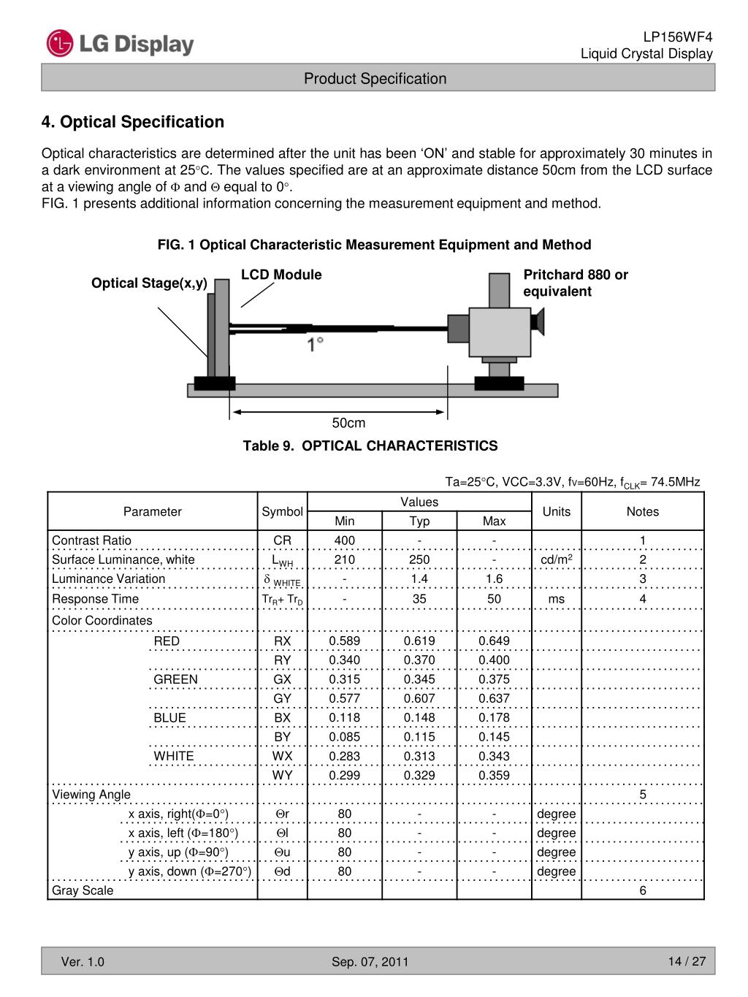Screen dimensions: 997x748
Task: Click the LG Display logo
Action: click(121, 44)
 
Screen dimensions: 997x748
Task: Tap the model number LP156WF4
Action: click(677, 37)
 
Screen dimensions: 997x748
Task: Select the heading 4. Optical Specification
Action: click(133, 122)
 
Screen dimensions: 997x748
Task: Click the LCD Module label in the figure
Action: click(281, 275)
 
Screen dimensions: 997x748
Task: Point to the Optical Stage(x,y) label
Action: click(149, 283)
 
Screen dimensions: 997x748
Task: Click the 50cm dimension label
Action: click(348, 424)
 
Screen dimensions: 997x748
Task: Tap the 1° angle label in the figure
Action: click(316, 344)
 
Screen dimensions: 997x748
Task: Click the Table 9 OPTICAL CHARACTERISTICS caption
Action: click(370, 446)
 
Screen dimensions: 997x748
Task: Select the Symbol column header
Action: click(282, 511)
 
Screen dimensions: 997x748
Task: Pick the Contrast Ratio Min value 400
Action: click(344, 540)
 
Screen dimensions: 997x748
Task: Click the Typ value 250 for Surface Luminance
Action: click(419, 559)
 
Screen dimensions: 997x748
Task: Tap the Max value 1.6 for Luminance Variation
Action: click(494, 578)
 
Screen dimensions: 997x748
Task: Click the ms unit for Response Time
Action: click(556, 599)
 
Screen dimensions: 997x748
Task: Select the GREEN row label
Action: click(175, 679)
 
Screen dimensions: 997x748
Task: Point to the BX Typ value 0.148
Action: click(419, 718)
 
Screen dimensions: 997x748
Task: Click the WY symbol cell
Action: click(282, 775)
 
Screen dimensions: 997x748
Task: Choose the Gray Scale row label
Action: click(83, 890)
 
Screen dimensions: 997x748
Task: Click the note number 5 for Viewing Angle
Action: click(643, 795)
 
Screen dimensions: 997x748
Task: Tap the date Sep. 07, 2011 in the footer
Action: click(370, 962)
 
